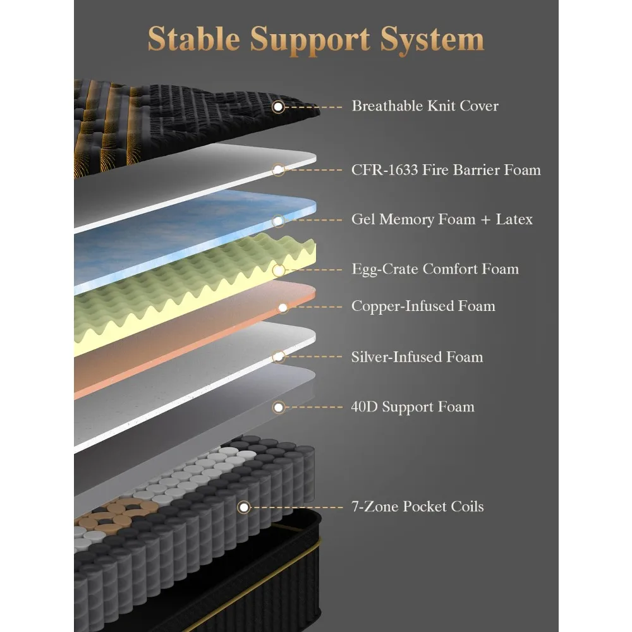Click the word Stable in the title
[194, 39]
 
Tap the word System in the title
[432, 40]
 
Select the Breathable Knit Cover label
[425, 106]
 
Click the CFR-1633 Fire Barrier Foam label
[446, 169]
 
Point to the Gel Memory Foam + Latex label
[442, 219]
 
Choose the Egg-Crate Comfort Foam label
[435, 269]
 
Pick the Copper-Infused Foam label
[423, 306]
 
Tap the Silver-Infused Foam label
[416, 356]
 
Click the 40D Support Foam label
[413, 406]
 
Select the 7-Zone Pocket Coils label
[417, 506]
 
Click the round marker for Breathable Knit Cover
[278, 107]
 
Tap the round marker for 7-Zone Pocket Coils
[243, 507]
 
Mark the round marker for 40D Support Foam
[278, 408]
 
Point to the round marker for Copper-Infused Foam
[283, 308]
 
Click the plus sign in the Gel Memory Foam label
[485, 220]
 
